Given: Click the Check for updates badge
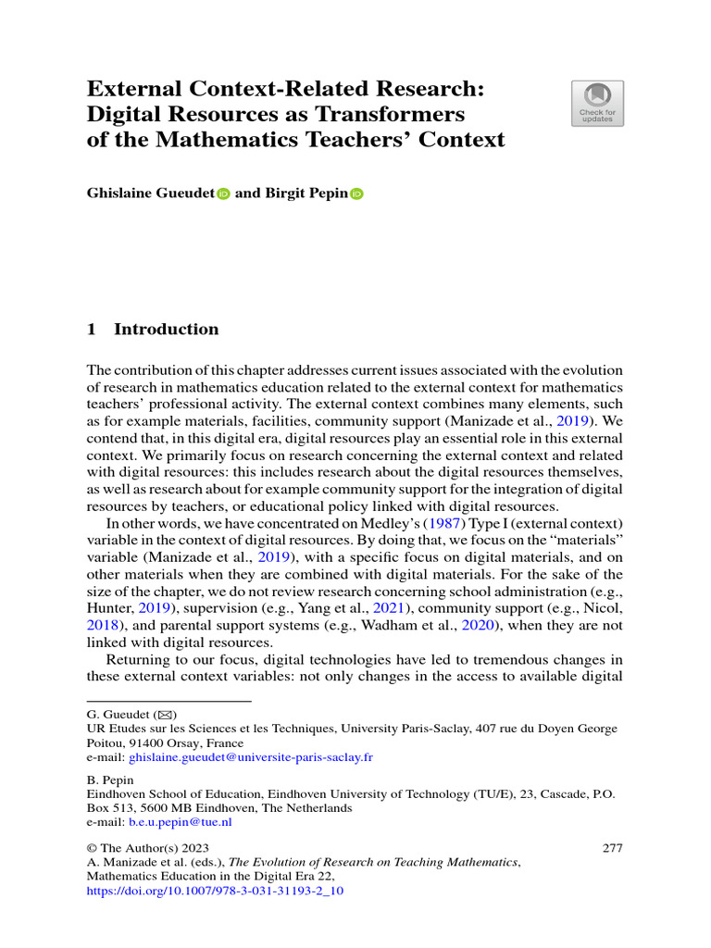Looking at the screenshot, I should tap(597, 103).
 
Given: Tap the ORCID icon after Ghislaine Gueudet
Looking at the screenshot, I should tap(222, 194).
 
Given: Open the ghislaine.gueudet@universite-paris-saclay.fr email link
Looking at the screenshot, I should tap(251, 756).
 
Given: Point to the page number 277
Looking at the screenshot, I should tap(612, 847).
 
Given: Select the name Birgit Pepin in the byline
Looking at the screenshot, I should tap(306, 194).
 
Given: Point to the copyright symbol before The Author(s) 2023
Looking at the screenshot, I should tap(92, 848).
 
